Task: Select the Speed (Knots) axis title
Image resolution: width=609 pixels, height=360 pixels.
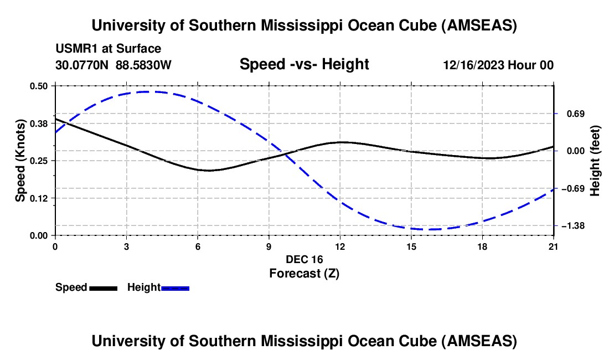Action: click(20, 161)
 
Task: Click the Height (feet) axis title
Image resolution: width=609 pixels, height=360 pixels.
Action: click(595, 161)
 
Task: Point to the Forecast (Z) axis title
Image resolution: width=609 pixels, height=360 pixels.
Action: click(304, 273)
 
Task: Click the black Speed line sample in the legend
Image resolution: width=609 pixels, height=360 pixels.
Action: click(103, 288)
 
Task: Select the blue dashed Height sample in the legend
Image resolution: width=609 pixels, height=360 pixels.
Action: click(176, 288)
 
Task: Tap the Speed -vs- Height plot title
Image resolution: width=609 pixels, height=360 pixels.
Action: click(304, 64)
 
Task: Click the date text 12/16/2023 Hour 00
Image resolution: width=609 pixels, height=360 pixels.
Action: click(498, 65)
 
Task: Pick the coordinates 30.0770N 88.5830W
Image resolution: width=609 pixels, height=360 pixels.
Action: click(113, 65)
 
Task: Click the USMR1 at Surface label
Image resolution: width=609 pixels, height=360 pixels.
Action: click(109, 49)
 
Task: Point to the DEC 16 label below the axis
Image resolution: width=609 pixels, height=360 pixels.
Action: click(304, 259)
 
